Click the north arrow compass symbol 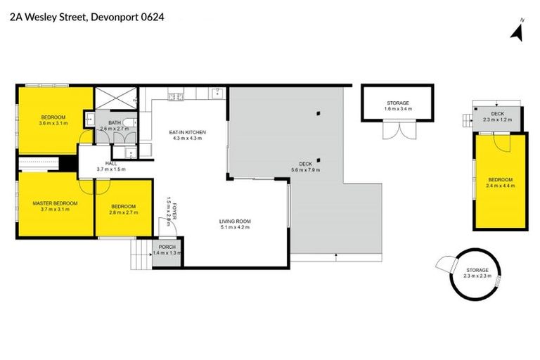coord(517,30)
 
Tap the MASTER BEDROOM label coord(55,202)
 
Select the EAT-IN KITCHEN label coord(186,131)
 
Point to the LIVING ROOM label coord(235,221)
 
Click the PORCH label coord(167,247)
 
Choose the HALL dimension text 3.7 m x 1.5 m coord(110,169)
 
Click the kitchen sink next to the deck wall coord(217,94)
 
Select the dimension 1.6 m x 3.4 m coord(397,109)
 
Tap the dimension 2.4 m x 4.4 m coord(501,186)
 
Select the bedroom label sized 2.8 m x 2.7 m coord(122,210)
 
